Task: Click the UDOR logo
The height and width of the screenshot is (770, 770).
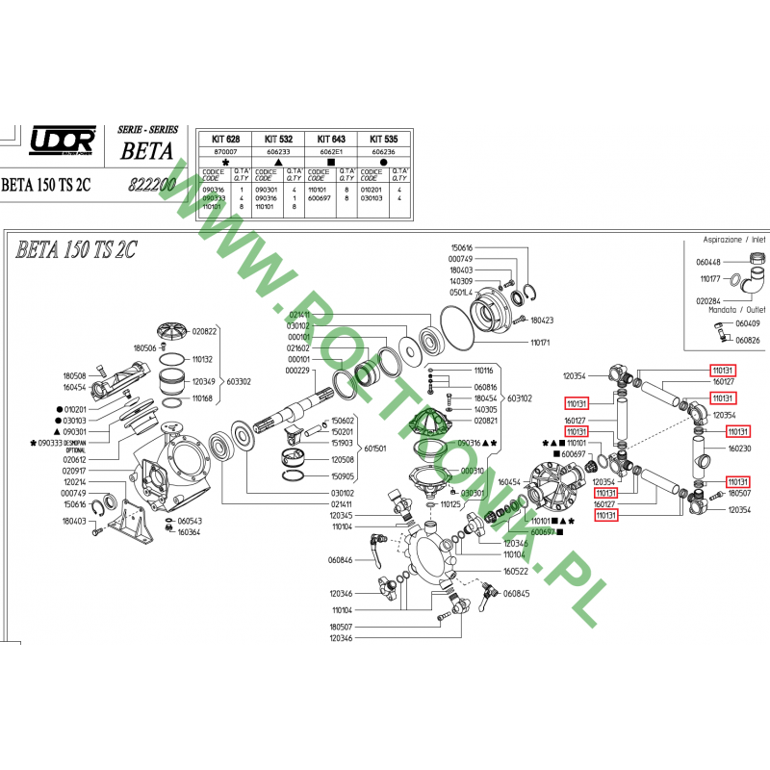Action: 64,140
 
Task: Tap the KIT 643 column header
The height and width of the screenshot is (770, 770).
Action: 332,139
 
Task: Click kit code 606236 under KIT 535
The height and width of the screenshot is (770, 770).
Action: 384,152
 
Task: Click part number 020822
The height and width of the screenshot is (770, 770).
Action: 204,330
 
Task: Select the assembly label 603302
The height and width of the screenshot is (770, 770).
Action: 239,381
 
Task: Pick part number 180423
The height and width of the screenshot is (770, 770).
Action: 543,319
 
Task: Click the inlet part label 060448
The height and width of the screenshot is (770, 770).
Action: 707,261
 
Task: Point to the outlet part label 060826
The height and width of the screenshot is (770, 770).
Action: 748,340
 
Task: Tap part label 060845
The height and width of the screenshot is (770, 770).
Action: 516,593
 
